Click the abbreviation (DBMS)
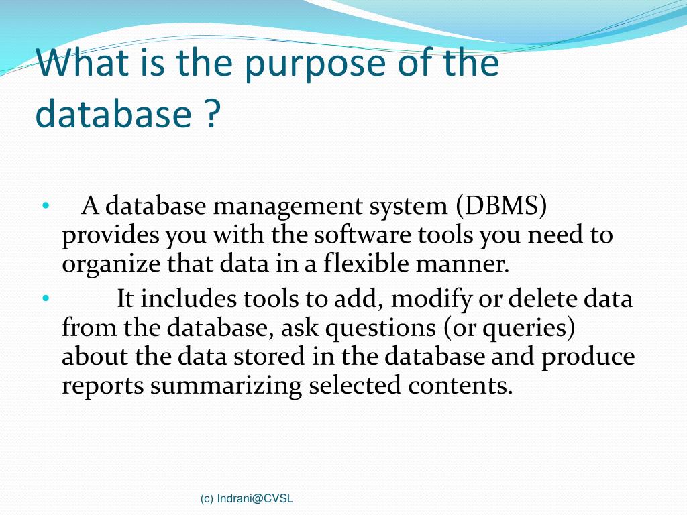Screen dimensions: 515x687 pyautogui.click(x=500, y=207)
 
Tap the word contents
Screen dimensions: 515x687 pyautogui.click(x=462, y=386)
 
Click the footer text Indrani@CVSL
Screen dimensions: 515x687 pyautogui.click(x=255, y=498)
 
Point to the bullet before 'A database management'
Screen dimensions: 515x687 pyautogui.click(x=45, y=206)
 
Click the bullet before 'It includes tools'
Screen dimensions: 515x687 pyautogui.click(x=45, y=298)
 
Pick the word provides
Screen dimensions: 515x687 pyautogui.click(x=111, y=235)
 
